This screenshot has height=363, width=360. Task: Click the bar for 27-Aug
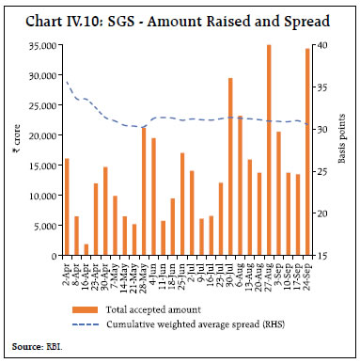pyautogui.click(x=269, y=150)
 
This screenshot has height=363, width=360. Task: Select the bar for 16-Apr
pyautogui.click(x=86, y=250)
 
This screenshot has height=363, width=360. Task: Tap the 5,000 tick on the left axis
pyautogui.click(x=43, y=226)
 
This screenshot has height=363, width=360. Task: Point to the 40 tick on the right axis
pyautogui.click(x=322, y=45)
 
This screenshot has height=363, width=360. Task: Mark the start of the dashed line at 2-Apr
pyautogui.click(x=67, y=82)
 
